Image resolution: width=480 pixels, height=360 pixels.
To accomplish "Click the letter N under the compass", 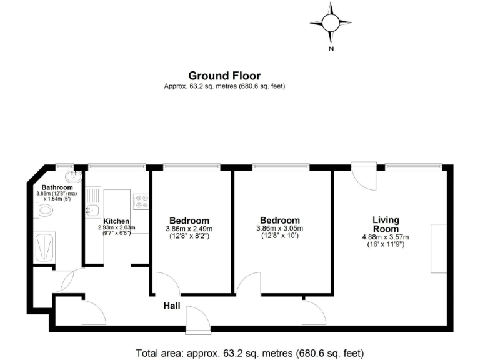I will click(332, 48).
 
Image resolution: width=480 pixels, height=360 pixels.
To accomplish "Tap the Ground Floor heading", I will click(224, 76).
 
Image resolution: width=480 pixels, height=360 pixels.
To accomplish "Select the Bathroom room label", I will click(57, 187).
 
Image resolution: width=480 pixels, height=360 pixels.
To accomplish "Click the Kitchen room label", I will click(116, 221).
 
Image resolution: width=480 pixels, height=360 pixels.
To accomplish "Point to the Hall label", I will click(172, 306).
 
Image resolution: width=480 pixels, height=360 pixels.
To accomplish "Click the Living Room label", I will click(386, 224).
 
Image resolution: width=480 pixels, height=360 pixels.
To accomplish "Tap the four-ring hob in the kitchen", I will click(141, 201).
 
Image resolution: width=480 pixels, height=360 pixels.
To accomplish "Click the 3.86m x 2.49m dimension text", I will click(189, 229).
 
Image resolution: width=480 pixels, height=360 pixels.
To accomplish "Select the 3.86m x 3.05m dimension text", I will click(279, 229).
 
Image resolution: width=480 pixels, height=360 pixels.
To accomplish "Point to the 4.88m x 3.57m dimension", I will click(386, 237).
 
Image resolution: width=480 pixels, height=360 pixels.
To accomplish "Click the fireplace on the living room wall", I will click(439, 247).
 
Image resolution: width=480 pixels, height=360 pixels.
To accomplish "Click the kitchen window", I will click(117, 167).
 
